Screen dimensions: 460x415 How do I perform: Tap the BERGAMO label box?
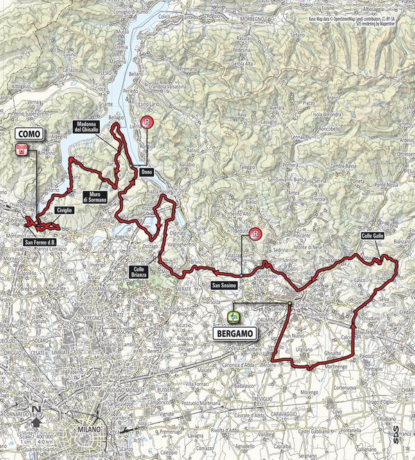[x=231, y=333]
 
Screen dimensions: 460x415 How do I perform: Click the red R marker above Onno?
[x=146, y=123]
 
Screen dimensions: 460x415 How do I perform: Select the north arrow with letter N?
[x=35, y=416]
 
